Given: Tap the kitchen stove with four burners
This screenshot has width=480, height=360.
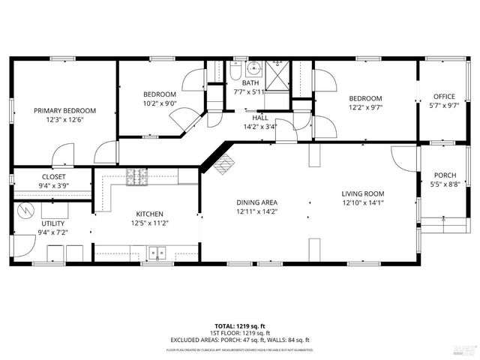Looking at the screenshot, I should pos(136,177).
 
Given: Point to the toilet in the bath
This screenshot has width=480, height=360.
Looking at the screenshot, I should pos(235,72).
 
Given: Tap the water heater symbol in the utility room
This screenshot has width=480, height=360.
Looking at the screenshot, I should pos(26,209).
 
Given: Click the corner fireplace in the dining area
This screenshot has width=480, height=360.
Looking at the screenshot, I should pos(223,165).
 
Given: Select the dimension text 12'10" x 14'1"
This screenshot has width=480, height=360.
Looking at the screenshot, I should pos(363,202).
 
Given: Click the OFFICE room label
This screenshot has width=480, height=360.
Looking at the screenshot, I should pos(445,96).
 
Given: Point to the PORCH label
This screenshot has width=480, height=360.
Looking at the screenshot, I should pos(445,175).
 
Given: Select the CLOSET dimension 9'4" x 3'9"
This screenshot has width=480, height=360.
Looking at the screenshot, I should pos(53,186).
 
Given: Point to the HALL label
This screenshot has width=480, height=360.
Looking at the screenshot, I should pos(260,118).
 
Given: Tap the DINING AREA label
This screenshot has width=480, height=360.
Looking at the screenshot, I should pos(257,202).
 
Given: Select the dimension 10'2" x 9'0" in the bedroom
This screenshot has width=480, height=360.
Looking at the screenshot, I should pos(160,103).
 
